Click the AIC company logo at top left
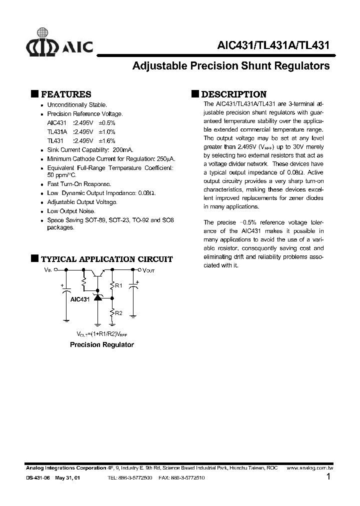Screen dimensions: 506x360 pyautogui.click(x=59, y=45)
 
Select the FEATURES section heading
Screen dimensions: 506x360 pyautogui.click(x=65, y=94)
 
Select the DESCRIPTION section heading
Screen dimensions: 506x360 pyautogui.click(x=233, y=94)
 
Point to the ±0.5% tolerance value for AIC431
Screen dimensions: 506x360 pyautogui.click(x=107, y=122)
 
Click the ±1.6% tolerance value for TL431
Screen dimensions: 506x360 pyautogui.click(x=107, y=140)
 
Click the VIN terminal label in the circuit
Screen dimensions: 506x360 pyautogui.click(x=48, y=269)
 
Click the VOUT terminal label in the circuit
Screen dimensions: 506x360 pyautogui.click(x=149, y=270)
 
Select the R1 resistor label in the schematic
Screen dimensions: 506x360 pyautogui.click(x=118, y=285)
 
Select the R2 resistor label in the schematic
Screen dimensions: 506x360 pyautogui.click(x=118, y=313)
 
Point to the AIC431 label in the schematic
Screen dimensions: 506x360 pyautogui.click(x=80, y=299)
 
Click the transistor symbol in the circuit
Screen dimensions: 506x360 pyautogui.click(x=99, y=273)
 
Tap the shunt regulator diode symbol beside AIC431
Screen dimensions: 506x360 pyautogui.click(x=98, y=297)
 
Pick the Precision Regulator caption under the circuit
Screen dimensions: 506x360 pyautogui.click(x=101, y=344)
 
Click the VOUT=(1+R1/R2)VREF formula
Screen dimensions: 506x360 pyautogui.click(x=101, y=333)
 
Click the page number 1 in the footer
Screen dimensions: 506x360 pyautogui.click(x=328, y=477)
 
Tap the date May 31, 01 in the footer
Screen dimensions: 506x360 pyautogui.click(x=67, y=478)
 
